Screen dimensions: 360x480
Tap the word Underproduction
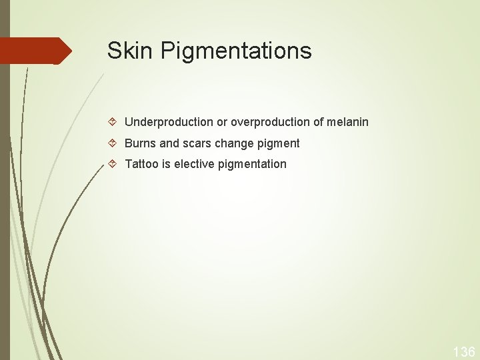[169, 122]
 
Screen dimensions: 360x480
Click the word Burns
[141, 143]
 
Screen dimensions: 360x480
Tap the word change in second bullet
[235, 143]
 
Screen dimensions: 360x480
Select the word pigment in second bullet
[279, 144]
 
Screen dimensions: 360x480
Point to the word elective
[195, 163]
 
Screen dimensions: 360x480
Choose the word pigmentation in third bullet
[253, 164]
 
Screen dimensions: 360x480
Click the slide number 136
[463, 351]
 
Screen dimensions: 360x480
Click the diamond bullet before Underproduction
[114, 122]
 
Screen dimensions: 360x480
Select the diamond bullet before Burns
[114, 143]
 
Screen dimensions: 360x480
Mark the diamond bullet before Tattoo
[114, 163]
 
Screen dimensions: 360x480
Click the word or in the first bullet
[222, 122]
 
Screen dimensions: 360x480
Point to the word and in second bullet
[169, 143]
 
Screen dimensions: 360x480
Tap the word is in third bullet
[165, 163]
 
